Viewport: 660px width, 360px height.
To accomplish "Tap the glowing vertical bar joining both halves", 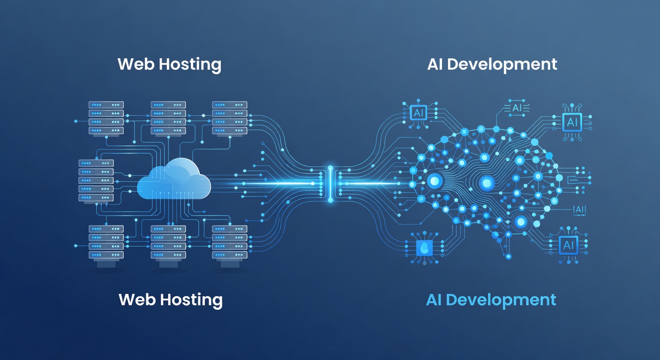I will (x=330, y=183).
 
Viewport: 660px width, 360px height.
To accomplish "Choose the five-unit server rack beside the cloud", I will (x=96, y=180).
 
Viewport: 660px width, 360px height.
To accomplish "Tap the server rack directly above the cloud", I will (x=168, y=118).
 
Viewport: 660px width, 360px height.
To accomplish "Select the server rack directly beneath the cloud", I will (x=168, y=242).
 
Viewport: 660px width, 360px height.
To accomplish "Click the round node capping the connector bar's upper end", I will (x=330, y=167).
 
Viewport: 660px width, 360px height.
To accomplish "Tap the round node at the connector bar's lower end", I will (x=330, y=200).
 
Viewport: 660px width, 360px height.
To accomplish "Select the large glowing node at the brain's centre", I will (x=486, y=182).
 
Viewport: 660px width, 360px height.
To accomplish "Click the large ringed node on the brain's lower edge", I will (x=520, y=221).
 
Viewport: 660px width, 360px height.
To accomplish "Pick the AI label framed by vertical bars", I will (x=579, y=210).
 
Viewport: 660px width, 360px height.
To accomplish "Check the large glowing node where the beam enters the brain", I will (x=435, y=180).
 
